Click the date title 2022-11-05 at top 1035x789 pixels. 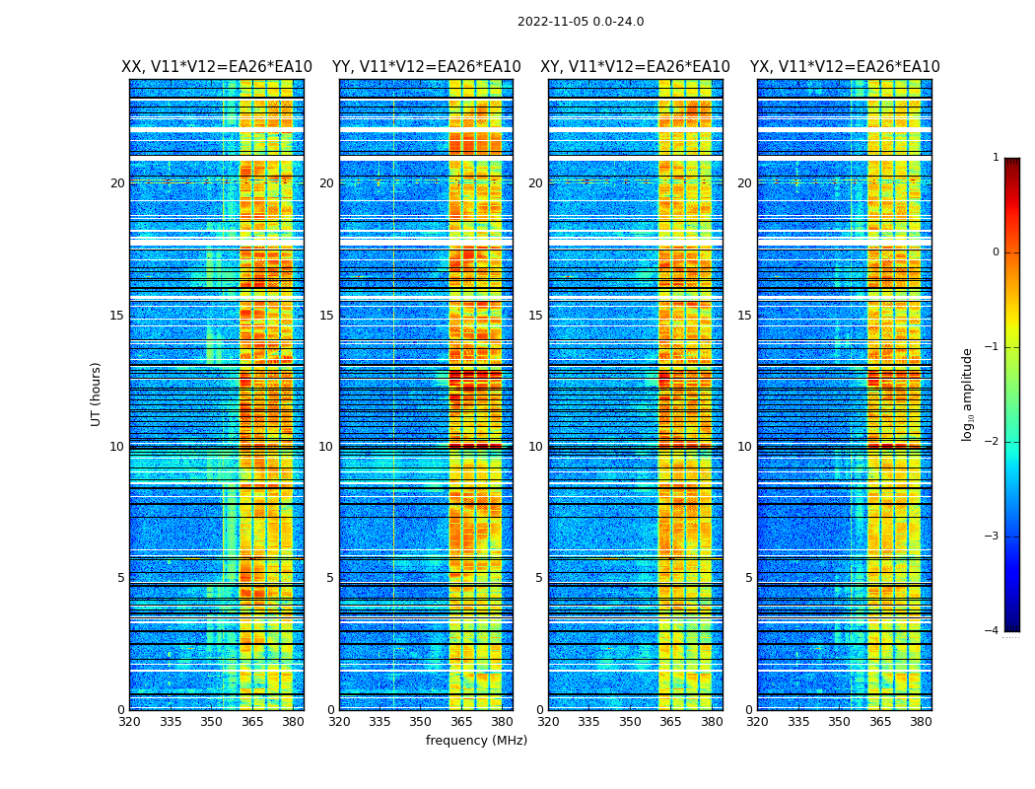(581, 22)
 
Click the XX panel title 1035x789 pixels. (217, 67)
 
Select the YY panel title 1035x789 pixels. (426, 67)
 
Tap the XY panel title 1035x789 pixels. (635, 67)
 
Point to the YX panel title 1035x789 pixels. (845, 67)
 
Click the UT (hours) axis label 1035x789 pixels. (97, 394)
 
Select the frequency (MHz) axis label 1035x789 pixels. (476, 741)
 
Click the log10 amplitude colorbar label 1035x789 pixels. (968, 394)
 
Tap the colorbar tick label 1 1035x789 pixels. (996, 158)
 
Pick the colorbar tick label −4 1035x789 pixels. (993, 631)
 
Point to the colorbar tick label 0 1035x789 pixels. (996, 252)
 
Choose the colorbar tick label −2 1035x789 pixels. (993, 442)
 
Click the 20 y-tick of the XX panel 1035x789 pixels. (117, 183)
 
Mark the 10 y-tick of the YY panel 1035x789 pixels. (325, 447)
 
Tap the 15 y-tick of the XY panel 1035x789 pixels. (535, 316)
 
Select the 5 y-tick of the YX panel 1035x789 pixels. (748, 578)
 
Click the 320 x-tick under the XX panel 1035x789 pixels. (129, 722)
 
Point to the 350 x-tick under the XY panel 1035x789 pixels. (630, 722)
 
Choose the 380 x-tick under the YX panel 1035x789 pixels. (921, 722)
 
